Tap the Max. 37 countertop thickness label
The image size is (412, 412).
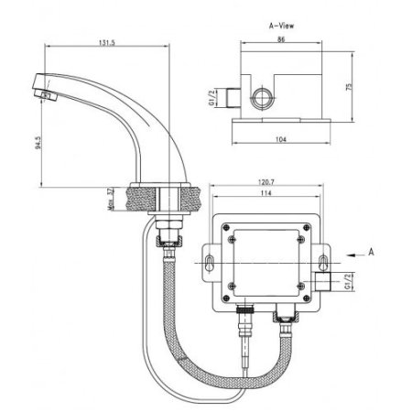(x=108, y=199)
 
